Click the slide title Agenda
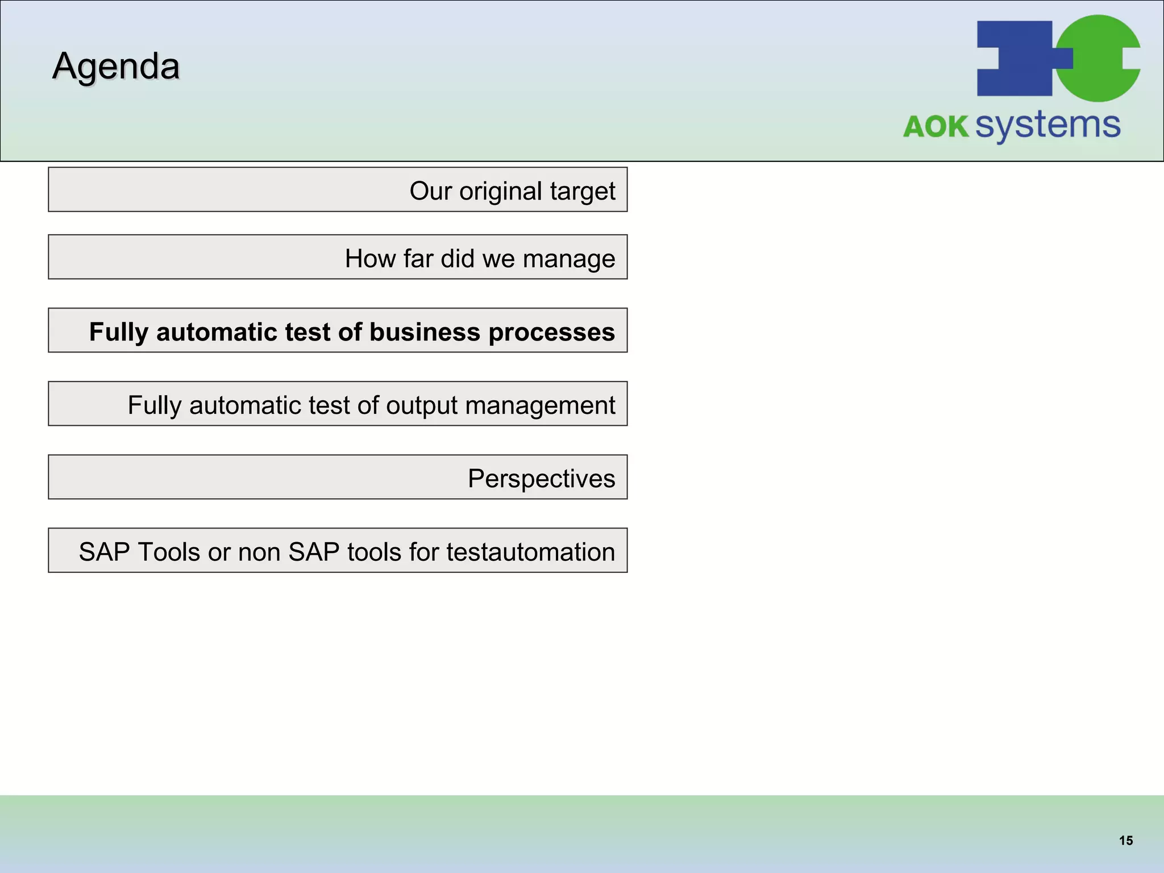pos(116,66)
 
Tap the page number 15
pos(1125,841)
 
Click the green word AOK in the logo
pos(936,126)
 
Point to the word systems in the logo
pos(1047,125)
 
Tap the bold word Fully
pos(119,332)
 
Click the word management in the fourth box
pos(540,406)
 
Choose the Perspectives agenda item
pos(541,479)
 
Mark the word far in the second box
pos(418,259)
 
